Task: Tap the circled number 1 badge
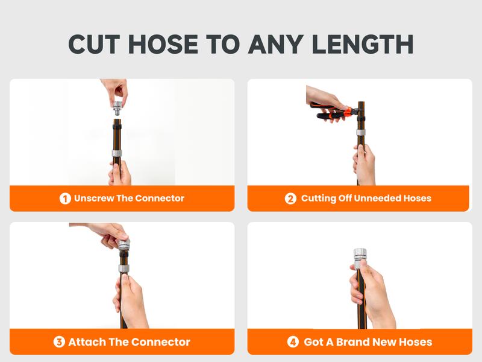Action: [x=65, y=198]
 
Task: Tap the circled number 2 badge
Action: [x=290, y=198]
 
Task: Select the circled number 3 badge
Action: [x=59, y=342]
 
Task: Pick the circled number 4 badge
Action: [x=293, y=342]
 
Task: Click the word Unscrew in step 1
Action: [x=94, y=198]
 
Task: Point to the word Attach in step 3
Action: [x=87, y=342]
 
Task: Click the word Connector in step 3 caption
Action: [x=159, y=342]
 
